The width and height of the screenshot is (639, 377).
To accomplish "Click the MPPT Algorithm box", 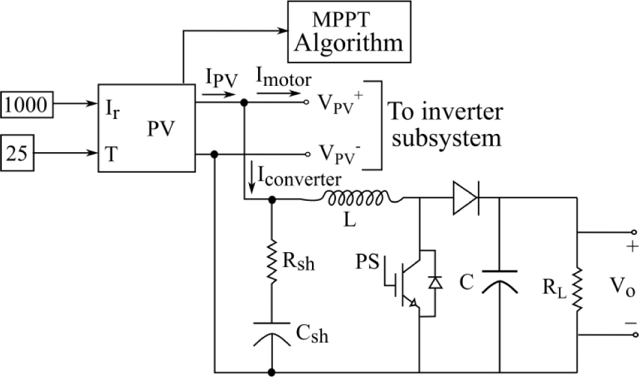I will (349, 31).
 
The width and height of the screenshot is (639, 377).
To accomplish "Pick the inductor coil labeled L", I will (358, 198).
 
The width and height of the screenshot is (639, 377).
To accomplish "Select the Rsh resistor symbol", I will (271, 263).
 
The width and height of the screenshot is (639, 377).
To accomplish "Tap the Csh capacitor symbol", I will (271, 328).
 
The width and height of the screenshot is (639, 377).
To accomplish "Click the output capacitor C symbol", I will (499, 281).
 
